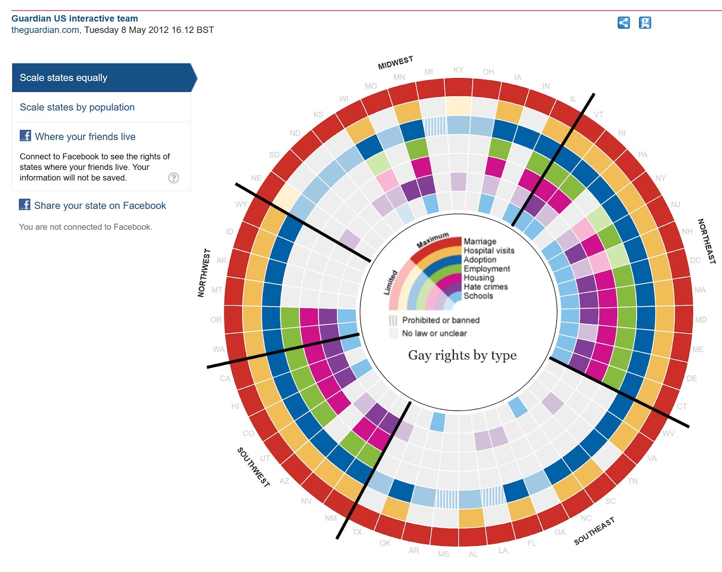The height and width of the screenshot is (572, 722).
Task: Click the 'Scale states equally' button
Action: [63, 78]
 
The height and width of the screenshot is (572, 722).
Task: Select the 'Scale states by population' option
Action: [77, 107]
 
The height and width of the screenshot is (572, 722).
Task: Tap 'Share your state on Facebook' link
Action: [100, 206]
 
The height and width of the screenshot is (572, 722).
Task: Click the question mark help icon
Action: [173, 178]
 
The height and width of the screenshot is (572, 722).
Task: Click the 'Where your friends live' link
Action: [85, 137]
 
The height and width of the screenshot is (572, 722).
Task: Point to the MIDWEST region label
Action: [395, 63]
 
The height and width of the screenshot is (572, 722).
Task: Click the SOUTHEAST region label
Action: [594, 531]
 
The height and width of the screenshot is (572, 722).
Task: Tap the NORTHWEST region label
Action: [204, 273]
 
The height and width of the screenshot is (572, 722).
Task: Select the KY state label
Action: [458, 70]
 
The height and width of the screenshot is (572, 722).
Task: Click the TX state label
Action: [357, 532]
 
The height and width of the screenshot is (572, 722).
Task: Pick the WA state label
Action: [218, 349]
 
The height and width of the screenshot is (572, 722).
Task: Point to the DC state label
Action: [695, 260]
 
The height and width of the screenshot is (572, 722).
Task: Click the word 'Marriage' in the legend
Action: [480, 242]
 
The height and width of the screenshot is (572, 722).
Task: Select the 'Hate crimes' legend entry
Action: [486, 287]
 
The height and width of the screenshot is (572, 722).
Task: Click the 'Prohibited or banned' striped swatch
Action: [393, 320]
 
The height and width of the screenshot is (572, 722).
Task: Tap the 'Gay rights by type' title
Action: [462, 355]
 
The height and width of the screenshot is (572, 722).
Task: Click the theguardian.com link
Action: [45, 30]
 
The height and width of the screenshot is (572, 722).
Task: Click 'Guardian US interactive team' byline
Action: [74, 18]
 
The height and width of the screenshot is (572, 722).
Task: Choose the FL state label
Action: [532, 543]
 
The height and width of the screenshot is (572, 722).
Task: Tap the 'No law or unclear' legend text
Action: [434, 333]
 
